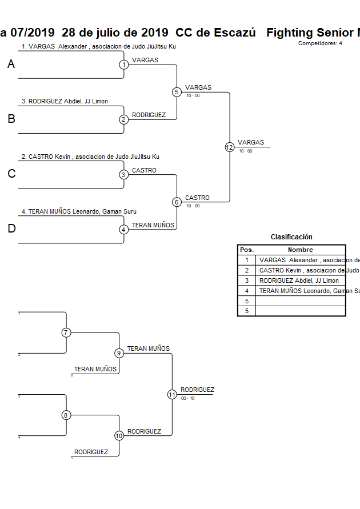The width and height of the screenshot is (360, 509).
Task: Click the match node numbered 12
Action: coord(230,147)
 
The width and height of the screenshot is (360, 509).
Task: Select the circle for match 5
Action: coord(177,92)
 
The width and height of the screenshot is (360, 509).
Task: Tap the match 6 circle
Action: coord(177,202)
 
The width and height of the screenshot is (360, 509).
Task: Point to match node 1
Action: coord(124,65)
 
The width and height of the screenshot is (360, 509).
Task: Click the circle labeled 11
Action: coord(172,394)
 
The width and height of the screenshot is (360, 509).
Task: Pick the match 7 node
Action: coord(66,332)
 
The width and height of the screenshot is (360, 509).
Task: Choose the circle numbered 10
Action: coord(119,436)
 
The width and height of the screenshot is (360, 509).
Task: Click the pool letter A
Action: coord(11,65)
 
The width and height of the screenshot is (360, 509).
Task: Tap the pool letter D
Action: coord(11,229)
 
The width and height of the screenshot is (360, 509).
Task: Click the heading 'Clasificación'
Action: coord(291,237)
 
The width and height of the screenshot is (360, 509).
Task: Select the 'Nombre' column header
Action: coord(300,250)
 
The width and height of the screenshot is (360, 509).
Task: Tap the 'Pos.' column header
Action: coord(246,250)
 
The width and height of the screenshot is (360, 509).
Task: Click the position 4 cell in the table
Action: coord(246,291)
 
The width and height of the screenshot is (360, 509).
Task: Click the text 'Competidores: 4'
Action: coord(320,43)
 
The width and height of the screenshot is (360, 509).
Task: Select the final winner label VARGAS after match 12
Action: coord(251,142)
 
